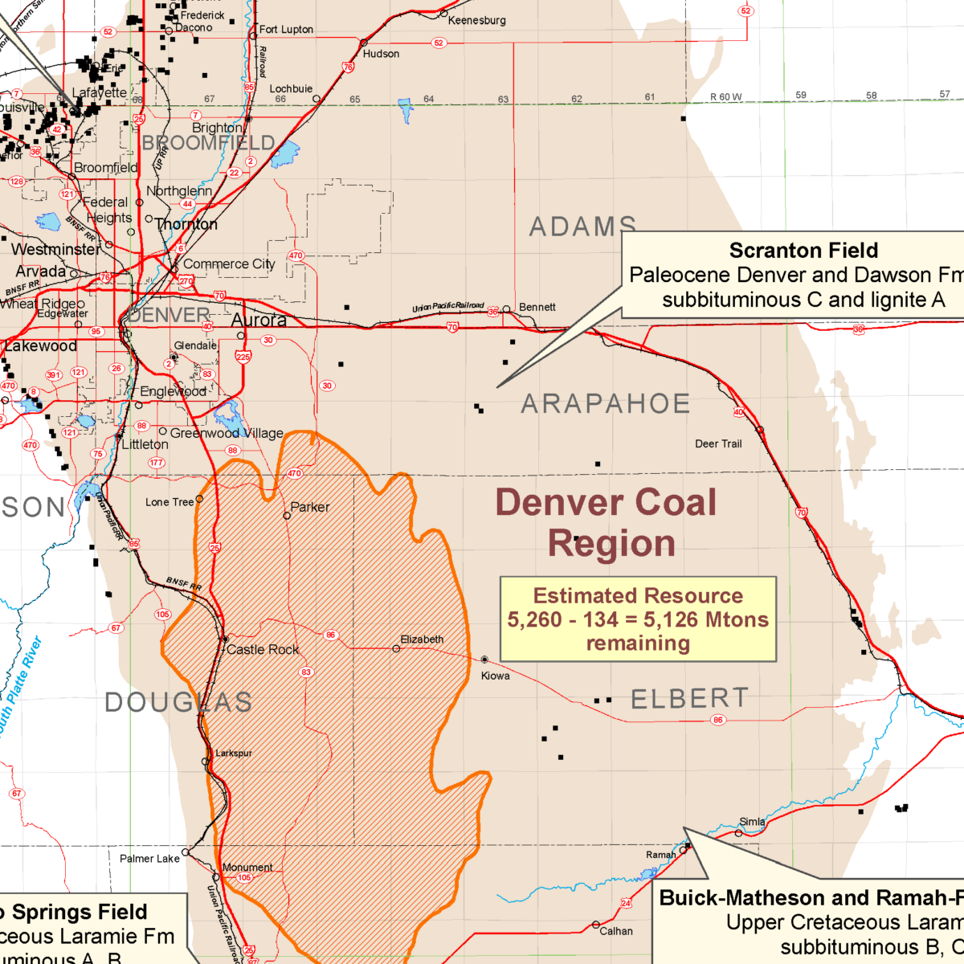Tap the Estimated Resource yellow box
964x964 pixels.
(x=638, y=619)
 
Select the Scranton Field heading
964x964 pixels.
(x=803, y=251)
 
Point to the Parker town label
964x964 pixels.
(x=310, y=507)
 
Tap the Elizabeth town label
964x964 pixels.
(x=422, y=639)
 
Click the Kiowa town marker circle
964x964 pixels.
(x=484, y=660)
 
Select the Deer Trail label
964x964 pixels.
(x=718, y=443)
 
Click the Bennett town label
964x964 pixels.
(x=537, y=307)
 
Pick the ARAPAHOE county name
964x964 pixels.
(x=606, y=403)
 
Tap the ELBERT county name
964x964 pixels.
(x=689, y=699)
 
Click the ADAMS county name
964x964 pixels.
(x=582, y=227)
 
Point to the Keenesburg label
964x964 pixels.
(x=477, y=20)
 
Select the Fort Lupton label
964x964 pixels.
(x=286, y=29)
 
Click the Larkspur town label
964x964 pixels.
(x=234, y=753)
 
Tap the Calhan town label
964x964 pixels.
(x=616, y=931)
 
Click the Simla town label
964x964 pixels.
(x=752, y=821)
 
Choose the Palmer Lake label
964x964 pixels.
(x=149, y=859)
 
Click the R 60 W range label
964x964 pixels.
(x=726, y=97)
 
